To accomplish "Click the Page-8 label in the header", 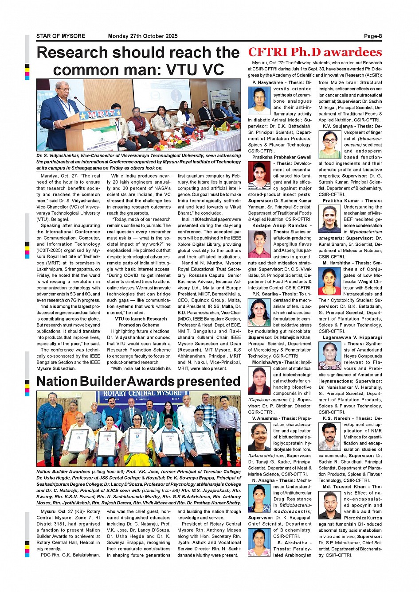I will click(x=372, y=36).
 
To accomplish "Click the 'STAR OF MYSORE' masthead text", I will click(x=61, y=36).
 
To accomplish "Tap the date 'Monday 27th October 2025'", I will click(x=143, y=36).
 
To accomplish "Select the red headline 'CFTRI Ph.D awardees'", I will click(x=315, y=52).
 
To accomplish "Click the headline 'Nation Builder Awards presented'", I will click(x=138, y=381).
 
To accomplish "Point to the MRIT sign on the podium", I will click(x=100, y=115).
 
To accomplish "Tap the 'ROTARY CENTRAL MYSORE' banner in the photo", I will click(x=142, y=394).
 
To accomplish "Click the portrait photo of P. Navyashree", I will click(x=259, y=101).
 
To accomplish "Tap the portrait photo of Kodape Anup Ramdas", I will click(x=259, y=244).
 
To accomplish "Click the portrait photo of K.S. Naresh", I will click(x=329, y=437).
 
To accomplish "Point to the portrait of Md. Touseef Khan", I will click(x=329, y=505).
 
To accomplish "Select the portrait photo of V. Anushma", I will click(x=259, y=437).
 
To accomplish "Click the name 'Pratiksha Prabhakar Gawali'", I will click(x=282, y=157).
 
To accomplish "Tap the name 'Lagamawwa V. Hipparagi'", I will click(x=352, y=337).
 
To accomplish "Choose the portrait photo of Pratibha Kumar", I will click(x=329, y=219).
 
